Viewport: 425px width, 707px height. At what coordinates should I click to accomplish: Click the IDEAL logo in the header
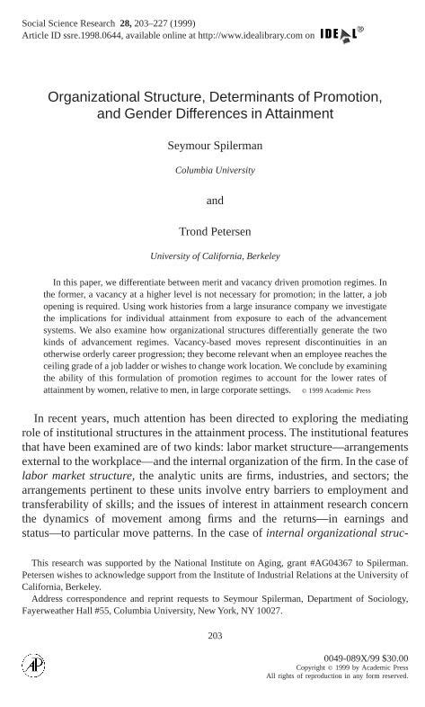click(x=341, y=34)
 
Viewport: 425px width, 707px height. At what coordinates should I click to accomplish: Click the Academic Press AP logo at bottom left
click(x=33, y=665)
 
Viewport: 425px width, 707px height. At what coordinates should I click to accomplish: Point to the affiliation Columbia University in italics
click(x=215, y=170)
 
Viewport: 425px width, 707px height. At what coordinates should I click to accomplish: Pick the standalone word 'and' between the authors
click(x=215, y=200)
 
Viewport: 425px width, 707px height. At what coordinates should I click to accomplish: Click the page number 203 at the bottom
click(x=215, y=636)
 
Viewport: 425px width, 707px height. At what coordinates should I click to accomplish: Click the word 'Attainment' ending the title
click(x=299, y=113)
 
